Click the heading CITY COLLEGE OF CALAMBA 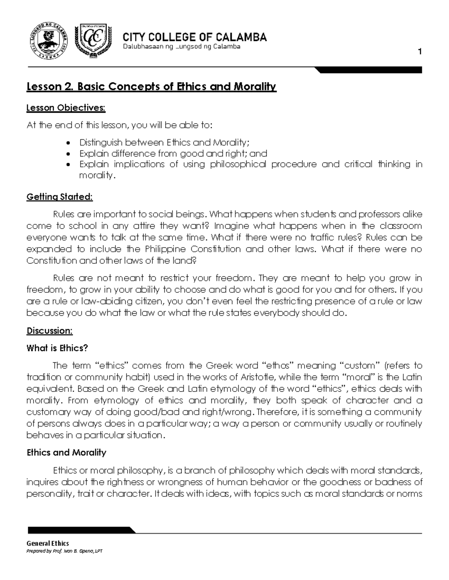coord(195,37)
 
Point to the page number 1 coord(420,52)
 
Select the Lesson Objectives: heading coord(66,108)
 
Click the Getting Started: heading coord(59,197)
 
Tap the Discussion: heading coord(49,331)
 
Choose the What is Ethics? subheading coord(57,348)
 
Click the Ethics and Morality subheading coord(66,453)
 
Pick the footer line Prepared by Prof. coord(62,551)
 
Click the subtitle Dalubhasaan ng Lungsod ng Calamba coord(181,47)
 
